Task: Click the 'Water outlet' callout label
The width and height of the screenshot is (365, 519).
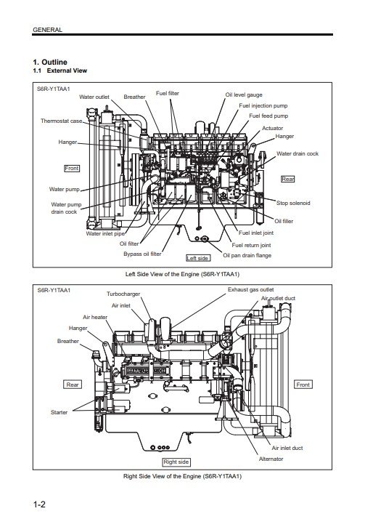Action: pyautogui.click(x=94, y=97)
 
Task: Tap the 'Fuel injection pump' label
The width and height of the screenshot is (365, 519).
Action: pyautogui.click(x=263, y=105)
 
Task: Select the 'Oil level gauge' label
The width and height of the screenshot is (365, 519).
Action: pyautogui.click(x=244, y=94)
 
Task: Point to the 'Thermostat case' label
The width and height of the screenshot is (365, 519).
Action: pyautogui.click(x=62, y=121)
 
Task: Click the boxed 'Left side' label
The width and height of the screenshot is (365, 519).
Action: pyautogui.click(x=197, y=258)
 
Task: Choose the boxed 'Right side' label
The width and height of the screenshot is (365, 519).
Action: pyautogui.click(x=176, y=462)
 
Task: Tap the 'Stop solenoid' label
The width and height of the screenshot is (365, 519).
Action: pyautogui.click(x=293, y=203)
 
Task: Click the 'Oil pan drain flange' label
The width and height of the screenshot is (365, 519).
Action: pyautogui.click(x=247, y=255)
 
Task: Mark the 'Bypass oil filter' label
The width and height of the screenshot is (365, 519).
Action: pyautogui.click(x=142, y=254)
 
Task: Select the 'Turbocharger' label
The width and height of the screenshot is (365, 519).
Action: pyautogui.click(x=123, y=294)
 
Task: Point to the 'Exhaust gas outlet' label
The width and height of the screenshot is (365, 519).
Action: pyautogui.click(x=250, y=289)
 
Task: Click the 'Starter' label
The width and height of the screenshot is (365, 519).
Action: pyautogui.click(x=59, y=412)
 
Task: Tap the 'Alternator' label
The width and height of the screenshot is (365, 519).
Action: pyautogui.click(x=271, y=459)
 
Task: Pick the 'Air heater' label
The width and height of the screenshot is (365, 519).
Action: pyautogui.click(x=95, y=317)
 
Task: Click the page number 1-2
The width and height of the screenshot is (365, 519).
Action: pyautogui.click(x=39, y=504)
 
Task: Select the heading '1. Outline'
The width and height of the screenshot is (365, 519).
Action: pyautogui.click(x=50, y=63)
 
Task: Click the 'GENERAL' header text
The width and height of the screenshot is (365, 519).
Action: pyautogui.click(x=48, y=30)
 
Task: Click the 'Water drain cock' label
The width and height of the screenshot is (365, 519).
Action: pyautogui.click(x=298, y=153)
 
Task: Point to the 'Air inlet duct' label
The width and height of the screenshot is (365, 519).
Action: pyautogui.click(x=287, y=448)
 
